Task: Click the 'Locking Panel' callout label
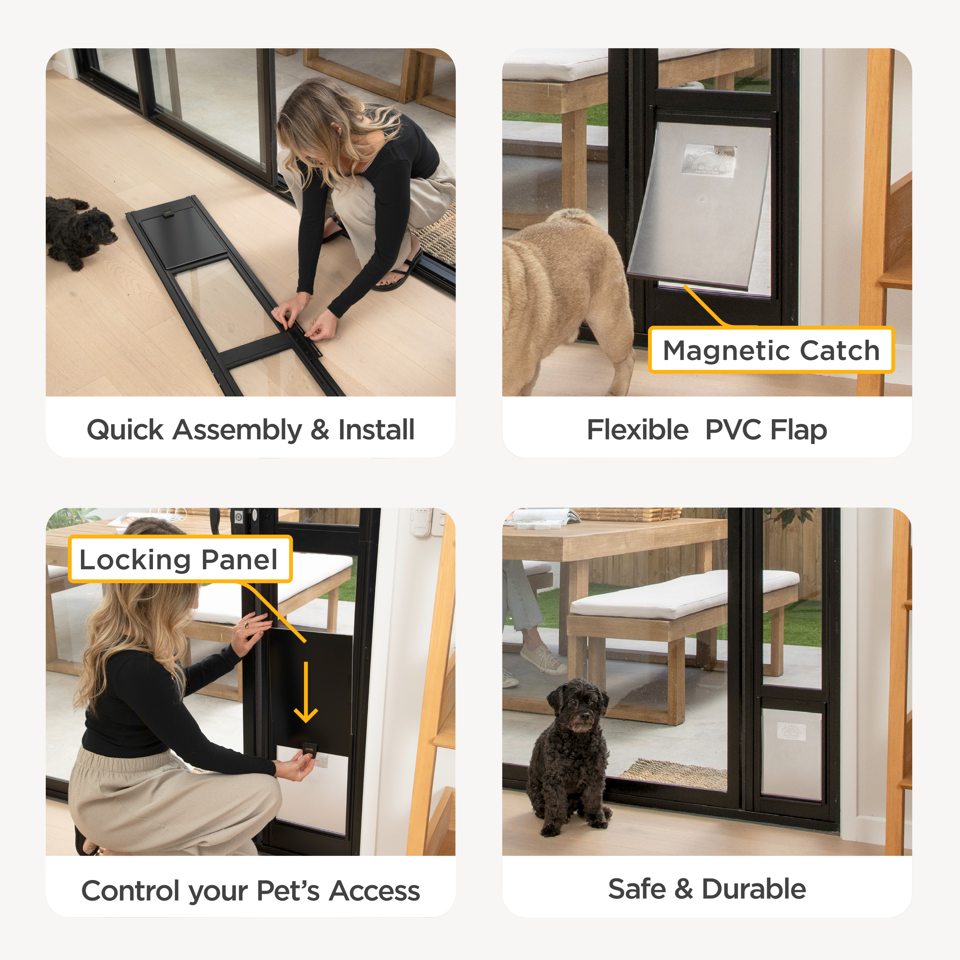(x=180, y=559)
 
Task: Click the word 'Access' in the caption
(x=375, y=891)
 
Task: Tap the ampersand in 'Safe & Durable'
(x=684, y=889)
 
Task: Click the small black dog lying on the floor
(x=79, y=231)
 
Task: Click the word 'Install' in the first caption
(x=376, y=430)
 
